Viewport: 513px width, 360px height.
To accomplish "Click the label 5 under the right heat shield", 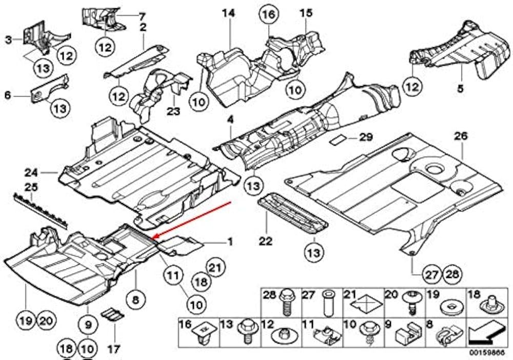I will pos(460,89).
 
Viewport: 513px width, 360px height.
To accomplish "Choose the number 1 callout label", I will pos(230,241).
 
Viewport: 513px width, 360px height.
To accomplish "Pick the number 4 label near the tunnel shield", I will pos(230,120).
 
